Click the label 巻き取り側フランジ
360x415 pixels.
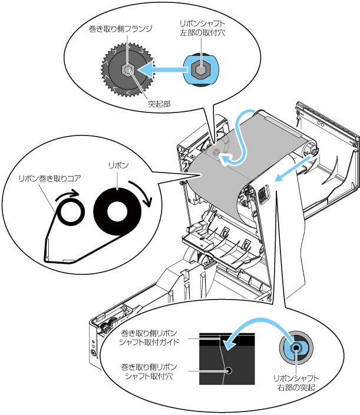tap(121, 29)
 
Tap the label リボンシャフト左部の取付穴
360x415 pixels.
tap(202, 28)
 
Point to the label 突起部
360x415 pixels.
tap(159, 104)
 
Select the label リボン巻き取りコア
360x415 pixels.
tap(49, 178)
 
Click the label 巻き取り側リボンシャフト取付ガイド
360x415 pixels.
tap(149, 337)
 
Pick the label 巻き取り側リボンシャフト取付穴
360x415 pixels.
tap(149, 371)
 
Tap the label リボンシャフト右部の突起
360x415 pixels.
tap(296, 383)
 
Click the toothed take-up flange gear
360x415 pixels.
tap(128, 70)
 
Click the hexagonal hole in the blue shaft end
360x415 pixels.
tap(201, 69)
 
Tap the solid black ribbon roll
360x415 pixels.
tap(117, 212)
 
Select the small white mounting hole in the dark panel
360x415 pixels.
tap(229, 370)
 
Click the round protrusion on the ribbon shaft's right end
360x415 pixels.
tap(296, 347)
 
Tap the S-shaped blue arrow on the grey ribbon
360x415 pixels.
tap(239, 140)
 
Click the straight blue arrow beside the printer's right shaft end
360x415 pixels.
tap(292, 169)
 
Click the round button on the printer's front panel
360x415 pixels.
tap(93, 353)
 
